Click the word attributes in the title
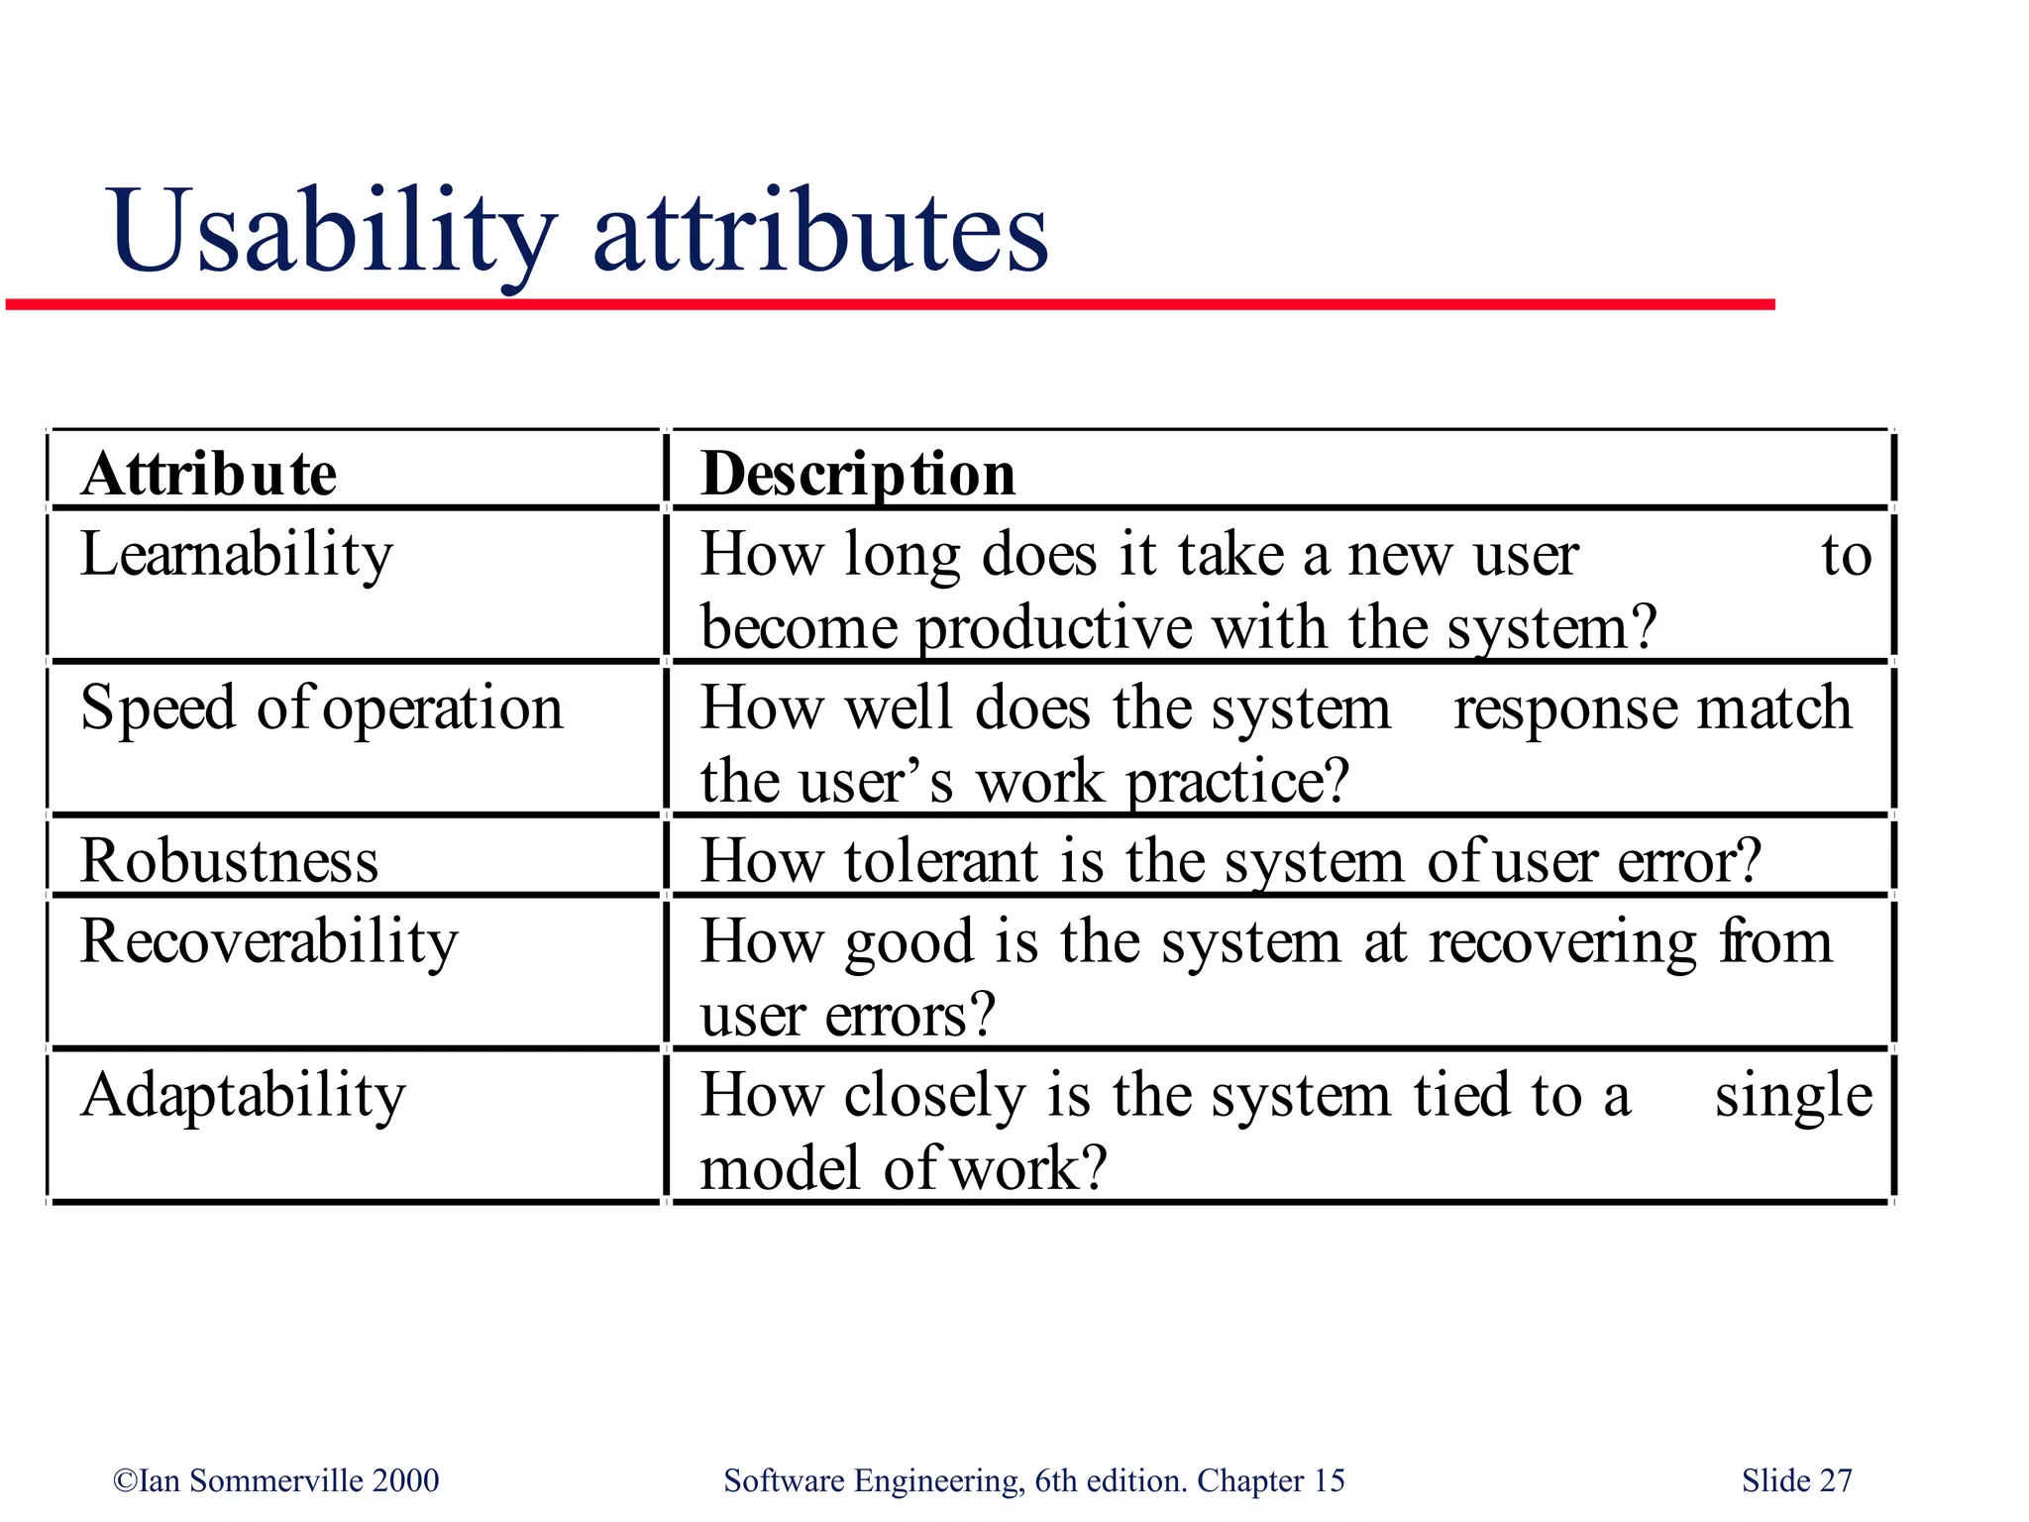(820, 233)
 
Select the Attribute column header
(209, 474)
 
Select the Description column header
(858, 474)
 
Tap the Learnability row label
(237, 555)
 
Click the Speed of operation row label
(322, 709)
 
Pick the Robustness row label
(230, 860)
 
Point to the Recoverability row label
(269, 941)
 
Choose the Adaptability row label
(244, 1096)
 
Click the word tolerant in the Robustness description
(941, 860)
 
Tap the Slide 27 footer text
(1796, 1480)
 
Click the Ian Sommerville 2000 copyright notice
(276, 1480)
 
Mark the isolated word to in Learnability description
(1847, 555)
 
